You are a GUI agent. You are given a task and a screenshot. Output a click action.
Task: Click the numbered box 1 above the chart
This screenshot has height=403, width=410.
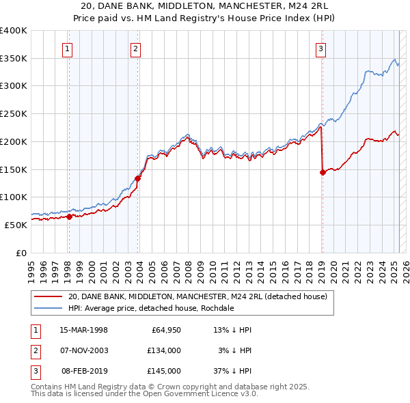point(68,48)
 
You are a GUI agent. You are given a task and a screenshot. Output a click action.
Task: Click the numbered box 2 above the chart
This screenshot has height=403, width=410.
point(136,48)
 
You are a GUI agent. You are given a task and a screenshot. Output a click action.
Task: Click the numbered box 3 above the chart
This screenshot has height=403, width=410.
point(320,48)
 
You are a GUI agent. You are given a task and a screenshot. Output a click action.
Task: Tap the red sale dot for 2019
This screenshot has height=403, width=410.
point(322,173)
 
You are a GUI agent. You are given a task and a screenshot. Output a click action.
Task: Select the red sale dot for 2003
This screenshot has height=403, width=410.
point(138,178)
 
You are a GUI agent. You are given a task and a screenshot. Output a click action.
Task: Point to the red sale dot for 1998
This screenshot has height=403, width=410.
point(69,217)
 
